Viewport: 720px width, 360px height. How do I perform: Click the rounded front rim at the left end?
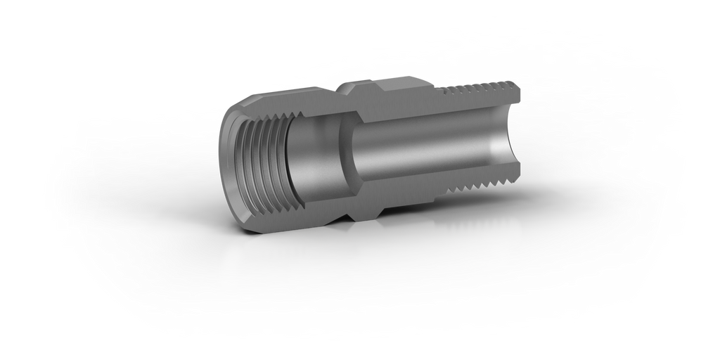click(226, 162)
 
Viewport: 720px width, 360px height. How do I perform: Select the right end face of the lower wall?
click(518, 180)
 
